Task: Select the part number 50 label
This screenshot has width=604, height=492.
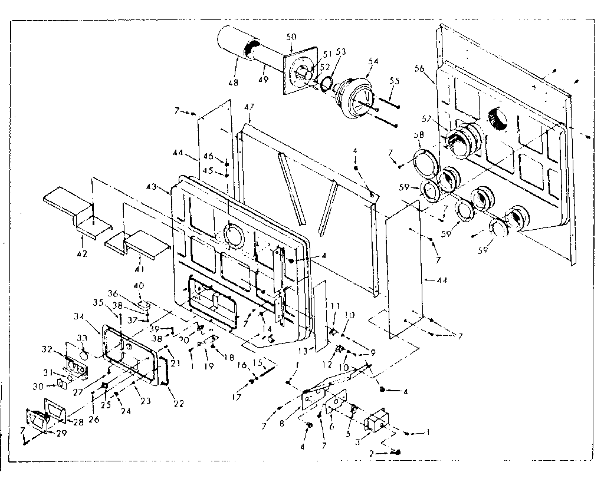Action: coord(291,37)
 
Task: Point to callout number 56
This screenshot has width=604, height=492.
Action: coord(419,68)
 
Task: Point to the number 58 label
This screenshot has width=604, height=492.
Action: coord(419,135)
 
